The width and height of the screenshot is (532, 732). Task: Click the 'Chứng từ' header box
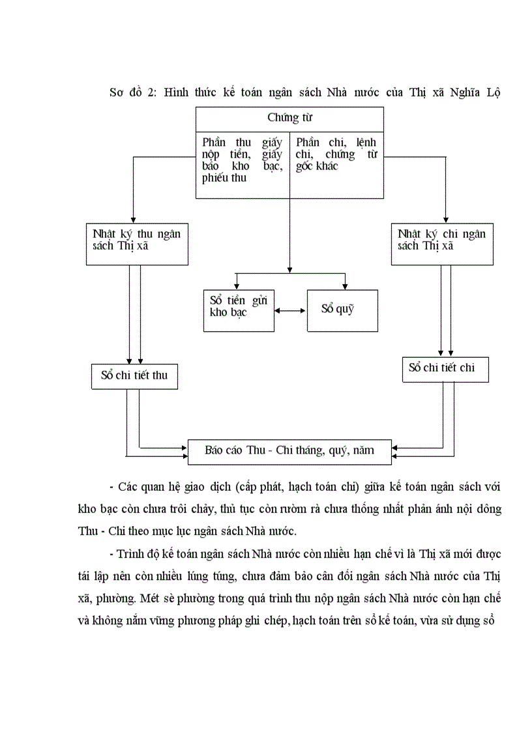[x=290, y=118]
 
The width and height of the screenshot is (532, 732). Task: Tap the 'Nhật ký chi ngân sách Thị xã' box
[x=442, y=244]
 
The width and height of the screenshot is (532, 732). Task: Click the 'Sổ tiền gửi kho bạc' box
[x=239, y=310]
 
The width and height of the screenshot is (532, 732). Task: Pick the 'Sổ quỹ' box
[x=342, y=310]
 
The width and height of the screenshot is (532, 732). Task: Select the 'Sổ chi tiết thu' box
[x=134, y=376]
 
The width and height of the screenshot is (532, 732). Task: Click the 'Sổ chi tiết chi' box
[x=445, y=368]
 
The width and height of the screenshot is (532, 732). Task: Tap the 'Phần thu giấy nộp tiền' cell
[x=242, y=160]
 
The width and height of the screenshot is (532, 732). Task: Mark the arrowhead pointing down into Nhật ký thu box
[x=133, y=219]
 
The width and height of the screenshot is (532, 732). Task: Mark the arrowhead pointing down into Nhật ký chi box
[x=445, y=219]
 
